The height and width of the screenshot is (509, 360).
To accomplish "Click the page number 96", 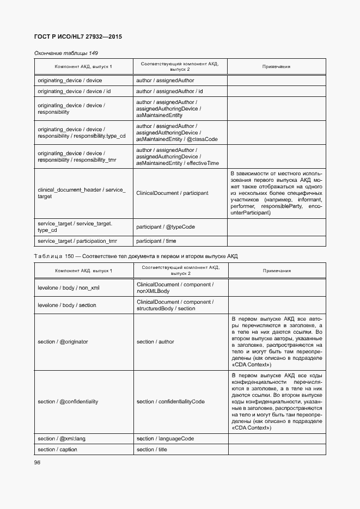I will coord(38,462).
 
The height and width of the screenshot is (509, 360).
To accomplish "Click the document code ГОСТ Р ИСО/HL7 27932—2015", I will coord(78,36).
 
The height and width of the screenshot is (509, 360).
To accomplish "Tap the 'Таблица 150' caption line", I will coord(136,256).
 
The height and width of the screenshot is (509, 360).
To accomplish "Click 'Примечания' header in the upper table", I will coord(276,66).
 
